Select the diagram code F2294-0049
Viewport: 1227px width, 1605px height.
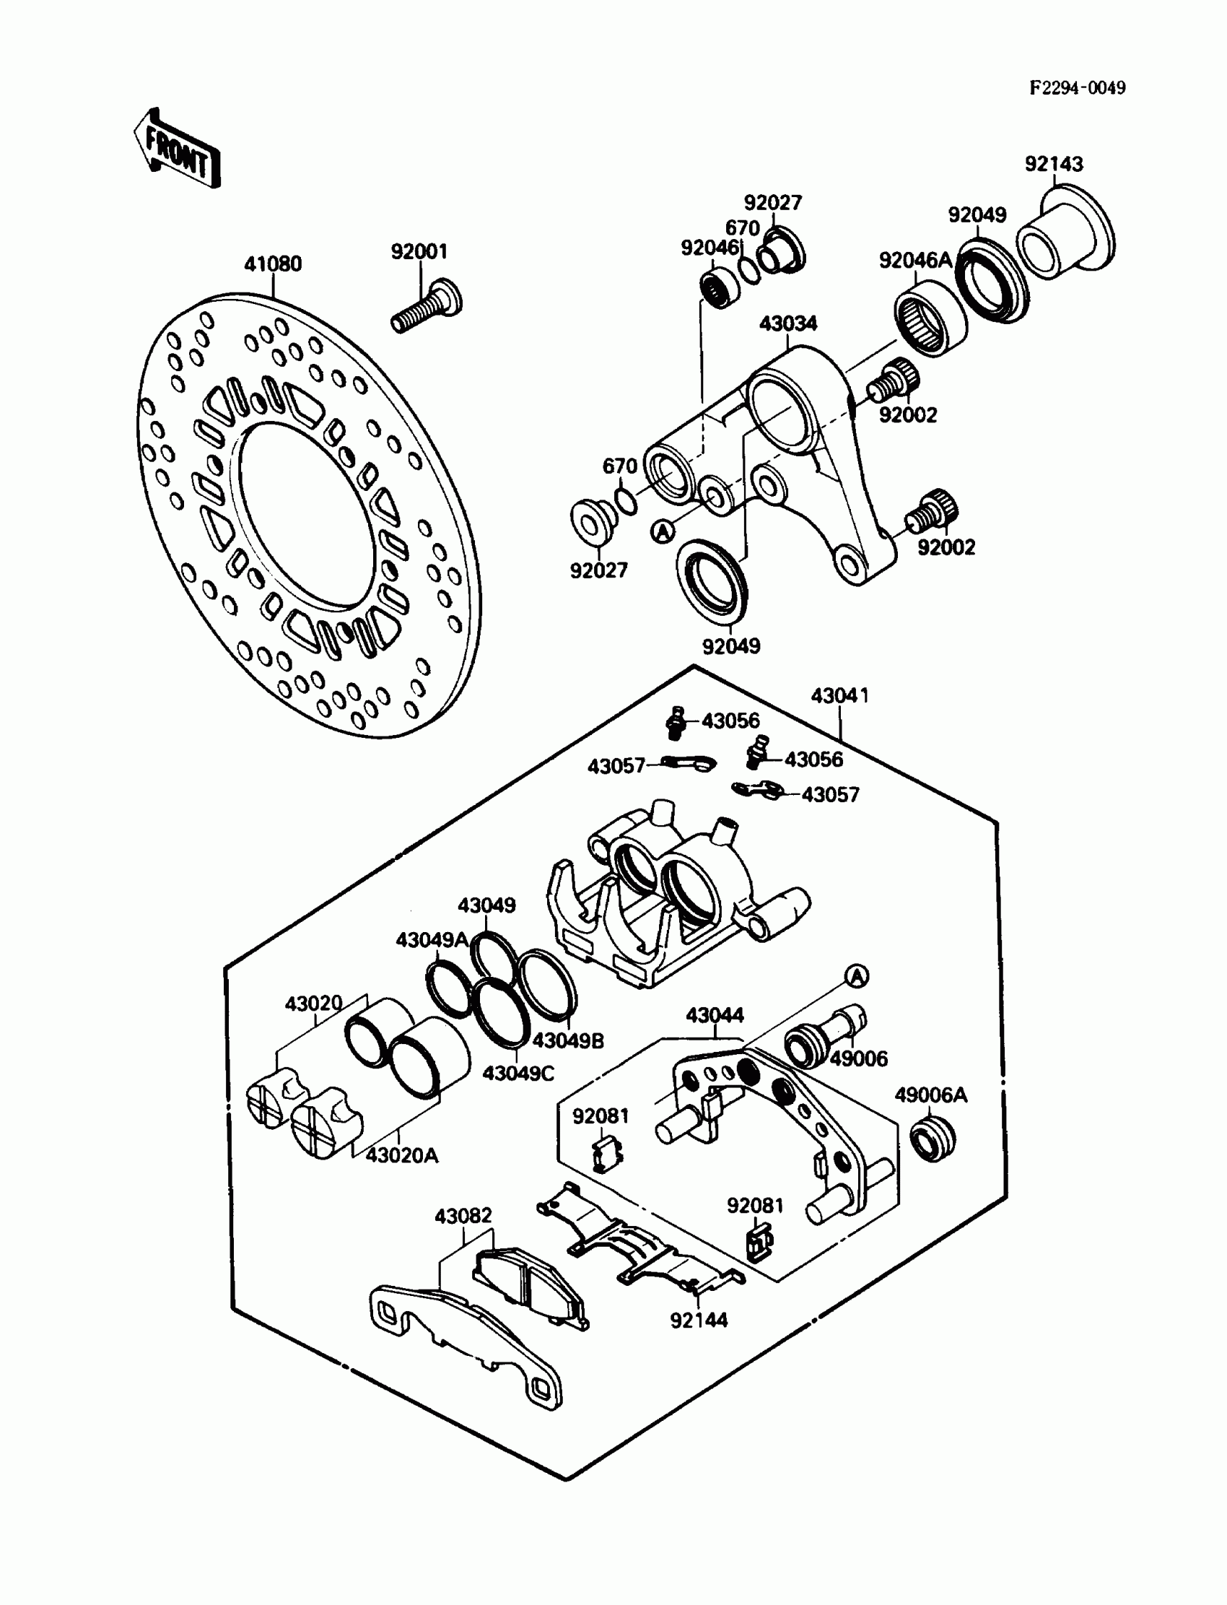tap(1078, 88)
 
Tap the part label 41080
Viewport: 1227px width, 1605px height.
tap(272, 264)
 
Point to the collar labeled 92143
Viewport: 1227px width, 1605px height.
tap(1065, 232)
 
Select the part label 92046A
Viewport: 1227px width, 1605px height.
tap(915, 259)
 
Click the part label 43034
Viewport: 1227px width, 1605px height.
tap(788, 323)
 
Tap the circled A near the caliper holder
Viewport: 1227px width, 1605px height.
tap(857, 977)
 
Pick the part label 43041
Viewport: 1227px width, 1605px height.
tap(840, 695)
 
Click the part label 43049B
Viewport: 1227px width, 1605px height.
tap(568, 1040)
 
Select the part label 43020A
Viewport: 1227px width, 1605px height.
tap(402, 1155)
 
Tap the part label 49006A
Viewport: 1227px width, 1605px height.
tap(931, 1095)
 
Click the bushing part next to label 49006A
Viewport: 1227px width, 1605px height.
tap(933, 1138)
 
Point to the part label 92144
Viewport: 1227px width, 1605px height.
tap(699, 1319)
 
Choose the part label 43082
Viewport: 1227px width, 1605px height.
tap(463, 1216)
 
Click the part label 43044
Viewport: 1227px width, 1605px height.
tap(715, 1014)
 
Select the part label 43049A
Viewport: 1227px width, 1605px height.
tap(432, 939)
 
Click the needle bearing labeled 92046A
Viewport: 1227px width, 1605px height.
tap(930, 321)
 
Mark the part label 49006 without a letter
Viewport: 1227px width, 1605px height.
tap(859, 1058)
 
